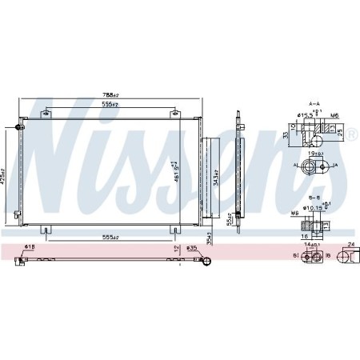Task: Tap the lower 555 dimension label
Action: [110, 237]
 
